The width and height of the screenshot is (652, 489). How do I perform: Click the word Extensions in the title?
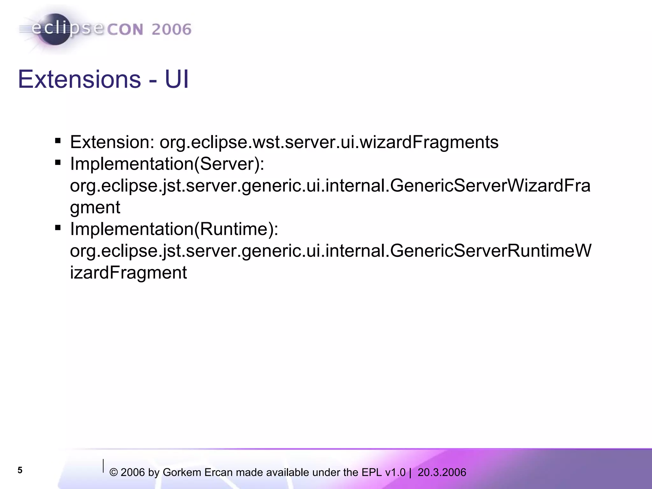(79, 79)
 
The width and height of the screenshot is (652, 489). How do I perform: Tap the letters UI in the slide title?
(177, 79)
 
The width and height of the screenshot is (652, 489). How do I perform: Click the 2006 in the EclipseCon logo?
(171, 30)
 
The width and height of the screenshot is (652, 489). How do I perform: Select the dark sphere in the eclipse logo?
(55, 29)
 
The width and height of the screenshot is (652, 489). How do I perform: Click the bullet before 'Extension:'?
(58, 141)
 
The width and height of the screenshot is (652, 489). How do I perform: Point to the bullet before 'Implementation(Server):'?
(58, 163)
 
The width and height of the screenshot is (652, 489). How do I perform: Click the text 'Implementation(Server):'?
(167, 164)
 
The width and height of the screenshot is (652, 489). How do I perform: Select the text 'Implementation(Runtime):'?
(174, 229)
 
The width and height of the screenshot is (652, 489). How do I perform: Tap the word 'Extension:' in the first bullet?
(112, 142)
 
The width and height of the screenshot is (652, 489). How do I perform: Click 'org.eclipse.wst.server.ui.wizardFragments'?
(329, 142)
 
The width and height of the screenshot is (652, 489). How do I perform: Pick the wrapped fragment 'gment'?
(95, 208)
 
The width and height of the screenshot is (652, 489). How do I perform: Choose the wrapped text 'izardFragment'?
(128, 273)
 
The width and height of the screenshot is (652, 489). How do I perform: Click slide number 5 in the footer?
(20, 470)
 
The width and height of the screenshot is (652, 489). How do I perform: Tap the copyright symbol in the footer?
(113, 473)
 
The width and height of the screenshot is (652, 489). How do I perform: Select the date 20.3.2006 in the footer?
(442, 472)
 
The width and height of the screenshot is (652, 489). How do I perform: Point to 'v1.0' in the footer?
(395, 472)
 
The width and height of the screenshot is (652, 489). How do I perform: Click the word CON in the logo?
(125, 30)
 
